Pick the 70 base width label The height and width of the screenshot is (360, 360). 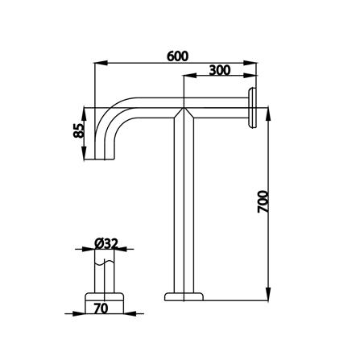click(101, 307)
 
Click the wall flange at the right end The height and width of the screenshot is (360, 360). click(253, 107)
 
